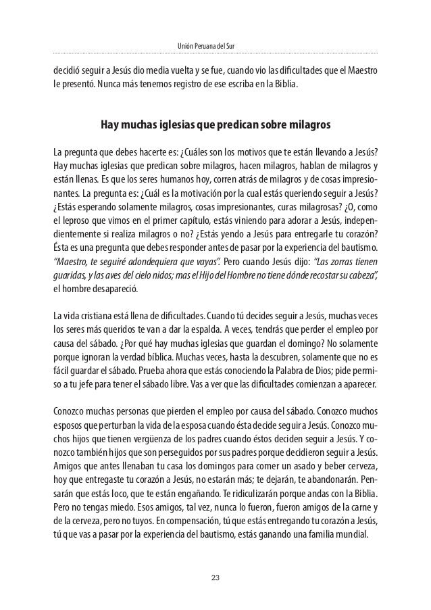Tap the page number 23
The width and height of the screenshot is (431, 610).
(215, 578)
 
